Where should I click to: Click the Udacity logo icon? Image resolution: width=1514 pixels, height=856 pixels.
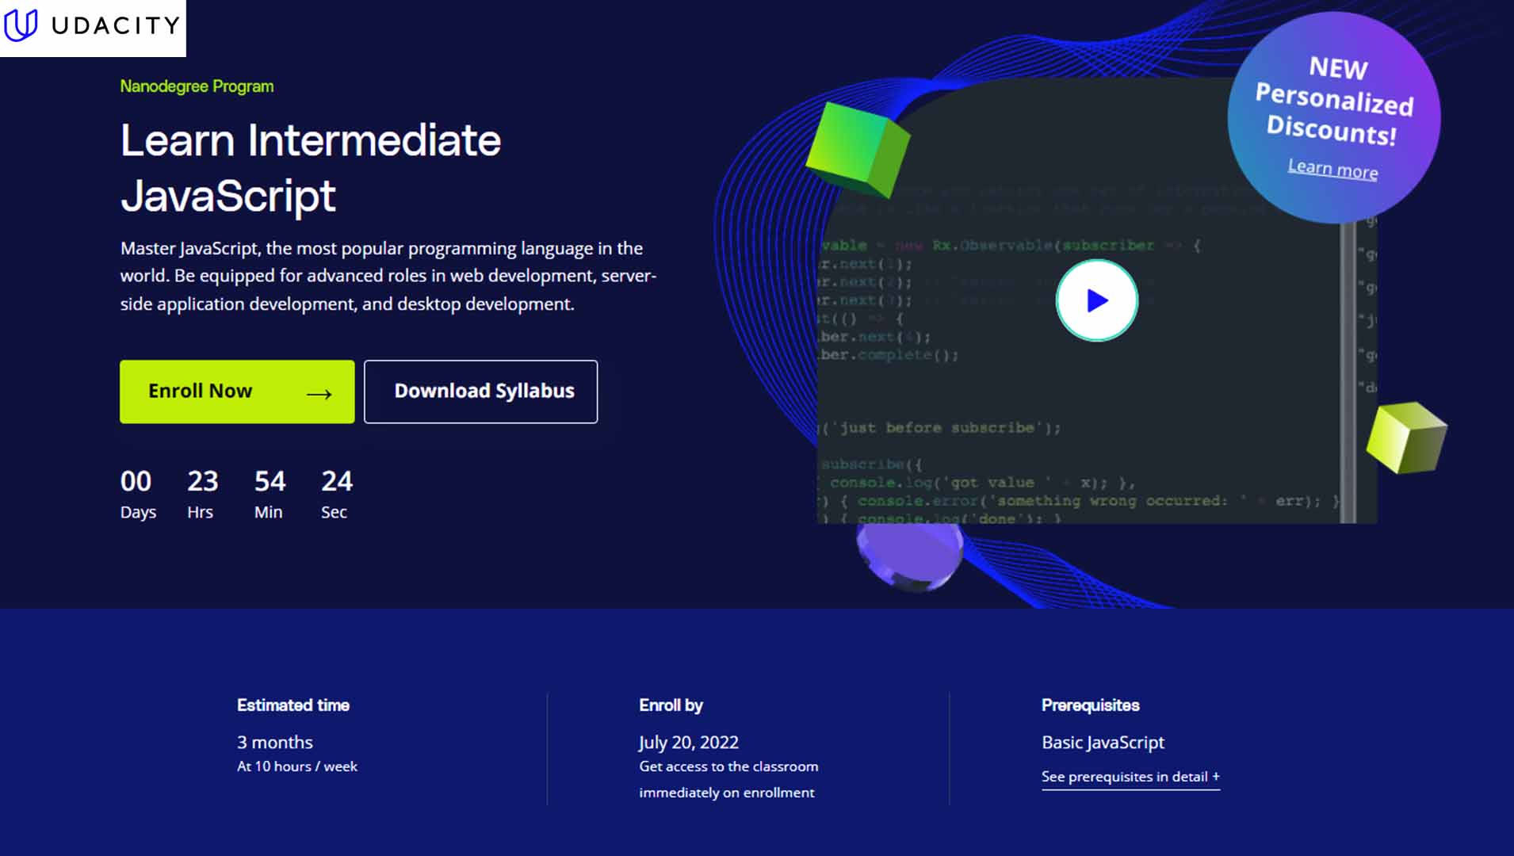[x=21, y=25]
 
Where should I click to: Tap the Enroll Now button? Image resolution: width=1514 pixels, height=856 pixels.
[x=237, y=392]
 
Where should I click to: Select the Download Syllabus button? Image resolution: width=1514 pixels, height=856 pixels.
[x=480, y=392]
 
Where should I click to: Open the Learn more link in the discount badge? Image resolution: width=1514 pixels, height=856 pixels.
[x=1332, y=169]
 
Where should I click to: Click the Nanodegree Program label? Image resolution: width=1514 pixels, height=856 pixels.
[x=197, y=86]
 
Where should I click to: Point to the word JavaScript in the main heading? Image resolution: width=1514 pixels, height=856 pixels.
[x=228, y=196]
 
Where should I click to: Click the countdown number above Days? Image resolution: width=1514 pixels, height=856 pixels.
[x=136, y=481]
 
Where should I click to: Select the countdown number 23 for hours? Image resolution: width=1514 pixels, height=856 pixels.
[x=202, y=481]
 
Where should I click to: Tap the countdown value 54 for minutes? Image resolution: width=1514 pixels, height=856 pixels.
[x=270, y=481]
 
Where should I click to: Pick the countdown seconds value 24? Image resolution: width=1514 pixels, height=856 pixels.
[x=337, y=481]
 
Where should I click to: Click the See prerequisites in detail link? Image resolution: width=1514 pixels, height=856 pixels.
[x=1130, y=777]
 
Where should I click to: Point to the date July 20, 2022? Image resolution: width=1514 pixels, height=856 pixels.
[x=688, y=743]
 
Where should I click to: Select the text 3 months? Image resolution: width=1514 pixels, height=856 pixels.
[x=275, y=743]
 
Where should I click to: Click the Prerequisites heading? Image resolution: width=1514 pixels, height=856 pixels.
[x=1090, y=705]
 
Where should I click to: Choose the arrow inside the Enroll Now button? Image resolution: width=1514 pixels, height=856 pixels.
[x=319, y=394]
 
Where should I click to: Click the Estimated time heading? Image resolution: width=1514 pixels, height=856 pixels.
[x=292, y=705]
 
